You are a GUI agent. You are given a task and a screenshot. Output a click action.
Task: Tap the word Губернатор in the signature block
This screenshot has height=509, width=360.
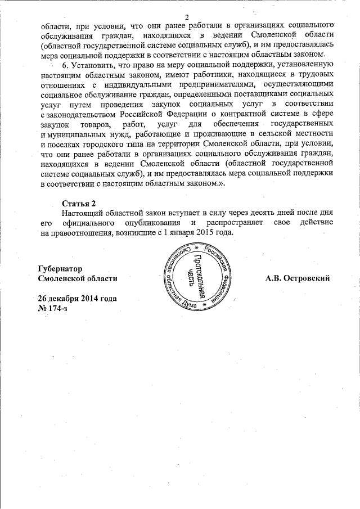[60, 268]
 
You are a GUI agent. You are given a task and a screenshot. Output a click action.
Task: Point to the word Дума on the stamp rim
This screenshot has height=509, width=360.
[189, 304]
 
